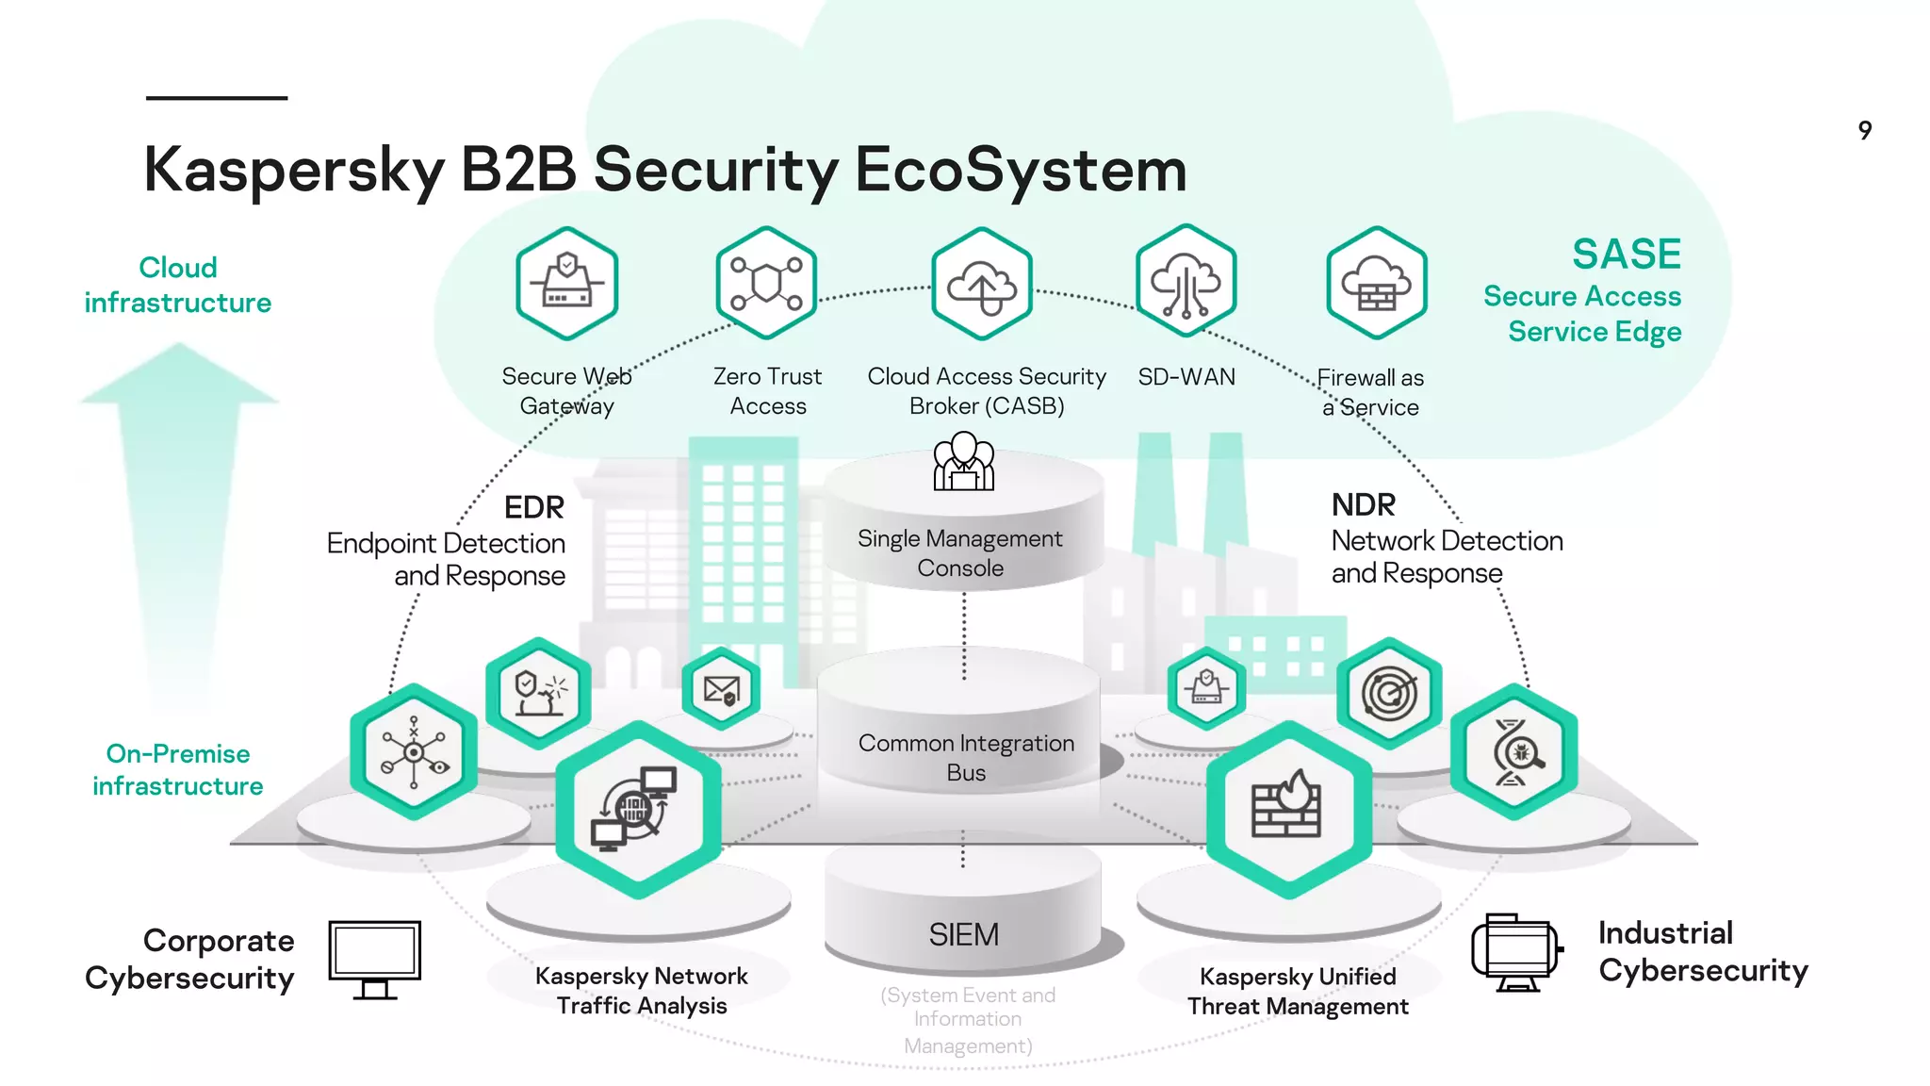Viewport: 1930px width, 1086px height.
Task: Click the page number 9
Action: pyautogui.click(x=1864, y=130)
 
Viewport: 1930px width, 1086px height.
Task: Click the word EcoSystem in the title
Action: pyautogui.click(x=1020, y=171)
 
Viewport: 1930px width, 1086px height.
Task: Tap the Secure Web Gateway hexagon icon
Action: pyautogui.click(x=566, y=283)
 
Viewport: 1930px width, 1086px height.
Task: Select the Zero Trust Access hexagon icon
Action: pyautogui.click(x=765, y=283)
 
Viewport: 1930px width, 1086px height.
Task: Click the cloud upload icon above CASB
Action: pyautogui.click(x=981, y=284)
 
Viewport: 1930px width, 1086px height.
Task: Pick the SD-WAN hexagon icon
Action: pyautogui.click(x=1186, y=282)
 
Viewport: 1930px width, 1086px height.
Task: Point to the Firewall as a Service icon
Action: pyautogui.click(x=1376, y=283)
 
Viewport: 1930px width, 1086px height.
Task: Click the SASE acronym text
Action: pyautogui.click(x=1626, y=255)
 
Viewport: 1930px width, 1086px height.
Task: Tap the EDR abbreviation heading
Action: pyautogui.click(x=533, y=507)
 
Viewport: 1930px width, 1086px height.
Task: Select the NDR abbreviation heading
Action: pyautogui.click(x=1363, y=505)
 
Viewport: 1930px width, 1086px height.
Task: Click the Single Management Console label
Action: pyautogui.click(x=959, y=553)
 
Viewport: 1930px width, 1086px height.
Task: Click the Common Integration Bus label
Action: pyautogui.click(x=966, y=757)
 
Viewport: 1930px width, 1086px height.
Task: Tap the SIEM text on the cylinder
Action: pyautogui.click(x=963, y=934)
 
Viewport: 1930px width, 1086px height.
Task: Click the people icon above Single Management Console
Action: pyautogui.click(x=963, y=462)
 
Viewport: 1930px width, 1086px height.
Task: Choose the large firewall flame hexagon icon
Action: pyautogui.click(x=1287, y=808)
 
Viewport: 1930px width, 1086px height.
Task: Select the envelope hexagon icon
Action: pyautogui.click(x=722, y=690)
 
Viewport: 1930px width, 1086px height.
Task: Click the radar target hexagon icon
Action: pyautogui.click(x=1389, y=694)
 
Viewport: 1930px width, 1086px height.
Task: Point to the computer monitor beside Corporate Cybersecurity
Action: pyautogui.click(x=375, y=958)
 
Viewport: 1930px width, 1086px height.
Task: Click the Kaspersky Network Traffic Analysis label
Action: pyautogui.click(x=642, y=990)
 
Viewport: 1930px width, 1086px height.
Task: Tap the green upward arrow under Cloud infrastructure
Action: pyautogui.click(x=179, y=509)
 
